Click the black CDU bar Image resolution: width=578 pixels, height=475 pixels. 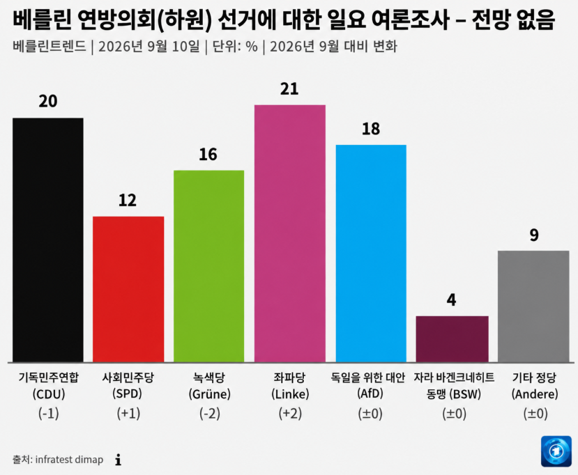pos(48,240)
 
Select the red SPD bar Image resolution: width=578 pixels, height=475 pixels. pos(128,290)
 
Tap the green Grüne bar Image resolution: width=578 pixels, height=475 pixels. pos(208,266)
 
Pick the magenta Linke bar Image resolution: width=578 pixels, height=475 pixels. pos(290,233)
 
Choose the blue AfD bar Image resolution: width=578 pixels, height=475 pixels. pos(371,254)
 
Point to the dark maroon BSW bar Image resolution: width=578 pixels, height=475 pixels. pos(452,339)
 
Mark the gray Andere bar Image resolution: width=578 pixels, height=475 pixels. pos(533,306)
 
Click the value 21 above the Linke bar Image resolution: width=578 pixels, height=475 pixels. pos(289,89)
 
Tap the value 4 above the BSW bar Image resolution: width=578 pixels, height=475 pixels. pos(452,300)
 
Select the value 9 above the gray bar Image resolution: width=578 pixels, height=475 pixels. pos(534,235)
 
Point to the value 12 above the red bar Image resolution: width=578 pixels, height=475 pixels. pos(128,201)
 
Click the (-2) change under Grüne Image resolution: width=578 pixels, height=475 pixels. pos(210,414)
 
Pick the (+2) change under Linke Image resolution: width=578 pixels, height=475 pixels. pos(291,414)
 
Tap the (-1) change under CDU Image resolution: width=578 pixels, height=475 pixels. pos(49,414)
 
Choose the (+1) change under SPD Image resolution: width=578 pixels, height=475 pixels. pos(129,414)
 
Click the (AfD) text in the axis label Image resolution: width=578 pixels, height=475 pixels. pos(370,394)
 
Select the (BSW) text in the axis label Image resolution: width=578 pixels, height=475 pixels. pos(465,394)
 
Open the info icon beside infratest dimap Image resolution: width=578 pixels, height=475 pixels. pos(119,460)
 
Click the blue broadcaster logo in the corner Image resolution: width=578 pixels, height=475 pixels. pos(556,451)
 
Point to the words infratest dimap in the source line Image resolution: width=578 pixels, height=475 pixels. pos(69,460)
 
